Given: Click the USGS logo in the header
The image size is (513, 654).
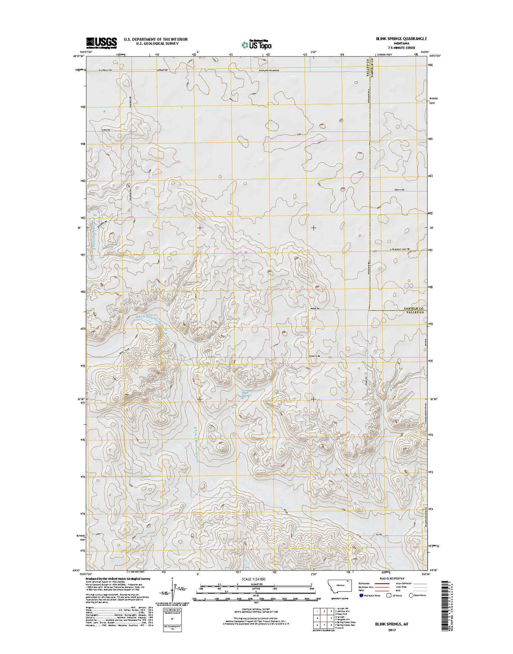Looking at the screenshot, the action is [x=101, y=42].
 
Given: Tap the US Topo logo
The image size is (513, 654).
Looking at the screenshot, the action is [x=256, y=44].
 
